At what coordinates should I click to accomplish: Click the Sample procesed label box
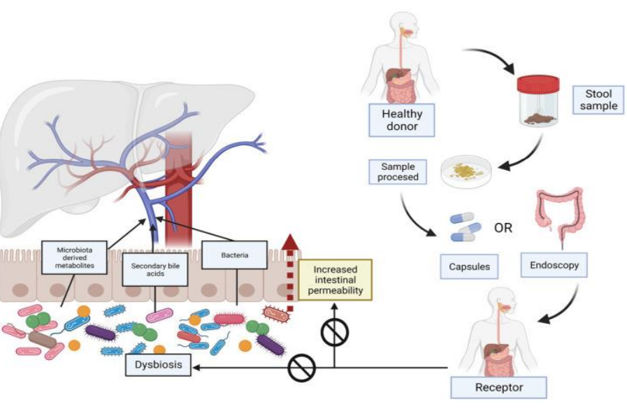coord(398,173)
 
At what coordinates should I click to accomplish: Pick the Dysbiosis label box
coord(159,366)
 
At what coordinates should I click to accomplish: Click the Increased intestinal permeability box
coord(335,280)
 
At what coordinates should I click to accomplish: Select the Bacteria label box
coord(235,255)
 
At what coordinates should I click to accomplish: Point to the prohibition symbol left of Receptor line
coord(302,367)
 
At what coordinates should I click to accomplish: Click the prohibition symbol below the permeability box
coord(334,334)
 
